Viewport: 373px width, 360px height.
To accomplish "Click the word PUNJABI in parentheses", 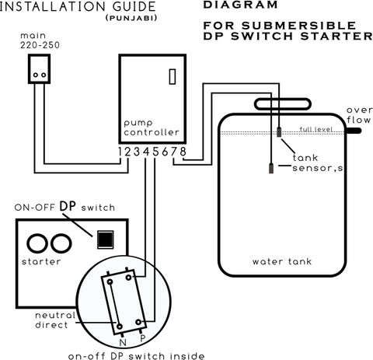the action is [x=131, y=18].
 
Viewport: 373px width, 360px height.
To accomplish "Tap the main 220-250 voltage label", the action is [x=40, y=40].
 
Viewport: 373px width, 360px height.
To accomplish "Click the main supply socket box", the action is [x=39, y=69].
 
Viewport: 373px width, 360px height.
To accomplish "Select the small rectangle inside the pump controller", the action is [x=173, y=76].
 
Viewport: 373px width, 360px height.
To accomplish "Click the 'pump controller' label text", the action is [x=152, y=128].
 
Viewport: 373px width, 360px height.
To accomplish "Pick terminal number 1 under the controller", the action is [x=120, y=152].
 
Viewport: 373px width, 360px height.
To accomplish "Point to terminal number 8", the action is [x=183, y=152].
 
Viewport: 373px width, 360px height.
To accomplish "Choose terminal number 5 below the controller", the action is [x=155, y=152].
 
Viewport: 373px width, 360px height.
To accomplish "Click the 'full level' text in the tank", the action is [x=316, y=129].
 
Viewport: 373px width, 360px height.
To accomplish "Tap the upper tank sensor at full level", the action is [x=279, y=132].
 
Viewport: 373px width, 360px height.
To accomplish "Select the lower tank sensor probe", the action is [x=271, y=168].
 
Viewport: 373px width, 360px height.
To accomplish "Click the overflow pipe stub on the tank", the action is [x=354, y=131].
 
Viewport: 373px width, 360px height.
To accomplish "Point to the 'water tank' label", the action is [x=282, y=261].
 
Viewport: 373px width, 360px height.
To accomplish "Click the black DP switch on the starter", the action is [x=105, y=239].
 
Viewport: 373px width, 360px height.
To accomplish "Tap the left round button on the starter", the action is [x=37, y=243].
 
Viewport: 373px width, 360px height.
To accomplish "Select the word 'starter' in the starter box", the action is [x=41, y=261].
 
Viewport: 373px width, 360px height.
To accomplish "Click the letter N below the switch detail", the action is [x=123, y=343].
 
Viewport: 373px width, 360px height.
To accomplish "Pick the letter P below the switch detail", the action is [x=143, y=338].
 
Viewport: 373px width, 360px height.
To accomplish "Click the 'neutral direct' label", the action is [x=55, y=320].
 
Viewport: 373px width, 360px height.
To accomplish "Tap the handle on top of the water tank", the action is [x=283, y=104].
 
